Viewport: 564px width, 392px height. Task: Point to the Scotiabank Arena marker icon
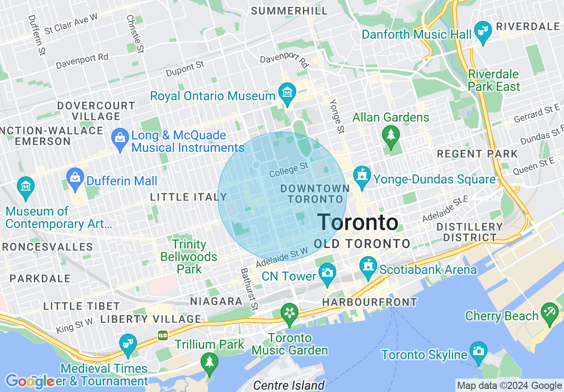pyautogui.click(x=368, y=266)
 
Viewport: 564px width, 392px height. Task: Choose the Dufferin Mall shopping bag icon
pyautogui.click(x=75, y=178)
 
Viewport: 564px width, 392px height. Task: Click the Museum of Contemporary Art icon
pyautogui.click(x=26, y=186)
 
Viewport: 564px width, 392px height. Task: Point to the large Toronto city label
pyautogui.click(x=358, y=222)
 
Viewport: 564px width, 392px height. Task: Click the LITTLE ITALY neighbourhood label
pyautogui.click(x=188, y=197)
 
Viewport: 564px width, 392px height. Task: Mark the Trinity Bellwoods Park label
pyautogui.click(x=189, y=257)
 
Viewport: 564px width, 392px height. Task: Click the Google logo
pyautogui.click(x=29, y=381)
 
